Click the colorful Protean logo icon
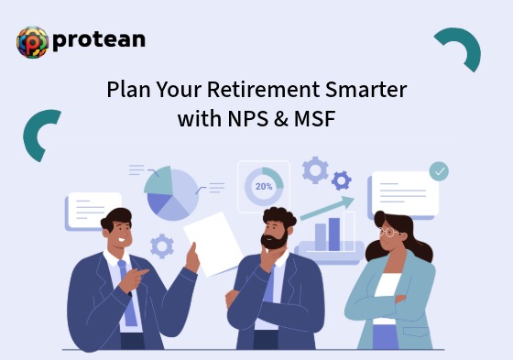click(x=32, y=42)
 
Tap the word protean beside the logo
click(x=98, y=40)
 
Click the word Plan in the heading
click(x=126, y=92)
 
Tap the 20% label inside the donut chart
click(x=264, y=186)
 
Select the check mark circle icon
click(x=440, y=171)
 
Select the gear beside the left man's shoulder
click(x=162, y=245)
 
